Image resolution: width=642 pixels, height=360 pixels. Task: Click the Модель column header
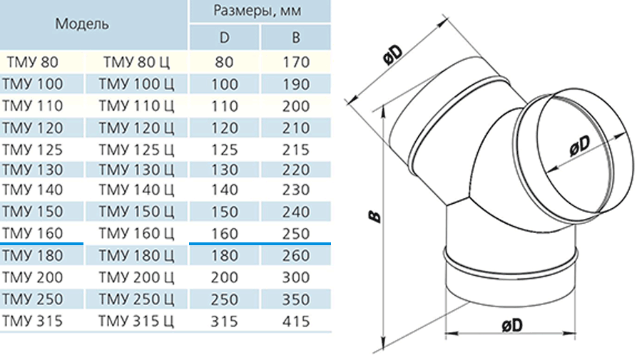82,24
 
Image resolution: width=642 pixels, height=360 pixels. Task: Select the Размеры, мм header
258,10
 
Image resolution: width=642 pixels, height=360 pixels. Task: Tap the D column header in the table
225,38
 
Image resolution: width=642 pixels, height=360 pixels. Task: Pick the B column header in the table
296,38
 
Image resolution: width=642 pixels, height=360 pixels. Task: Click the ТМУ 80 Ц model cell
136,62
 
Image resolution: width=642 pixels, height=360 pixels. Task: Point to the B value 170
296,62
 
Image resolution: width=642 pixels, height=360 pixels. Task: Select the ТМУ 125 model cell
32,150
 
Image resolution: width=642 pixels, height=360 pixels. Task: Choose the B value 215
296,150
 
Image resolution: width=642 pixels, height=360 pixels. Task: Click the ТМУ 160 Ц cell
136,233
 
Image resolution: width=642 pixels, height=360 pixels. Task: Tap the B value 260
296,256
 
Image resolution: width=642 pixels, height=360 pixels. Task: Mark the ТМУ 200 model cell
32,277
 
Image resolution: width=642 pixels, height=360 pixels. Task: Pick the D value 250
225,299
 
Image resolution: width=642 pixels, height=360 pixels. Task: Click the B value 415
296,322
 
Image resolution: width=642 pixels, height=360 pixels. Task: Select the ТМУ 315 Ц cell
136,322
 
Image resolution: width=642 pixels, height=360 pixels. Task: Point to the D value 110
225,106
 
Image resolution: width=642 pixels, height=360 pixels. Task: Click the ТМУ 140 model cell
32,190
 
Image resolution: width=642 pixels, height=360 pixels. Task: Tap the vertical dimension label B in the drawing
374,217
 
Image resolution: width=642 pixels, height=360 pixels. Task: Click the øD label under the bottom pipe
511,325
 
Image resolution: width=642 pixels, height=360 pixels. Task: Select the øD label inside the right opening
580,146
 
